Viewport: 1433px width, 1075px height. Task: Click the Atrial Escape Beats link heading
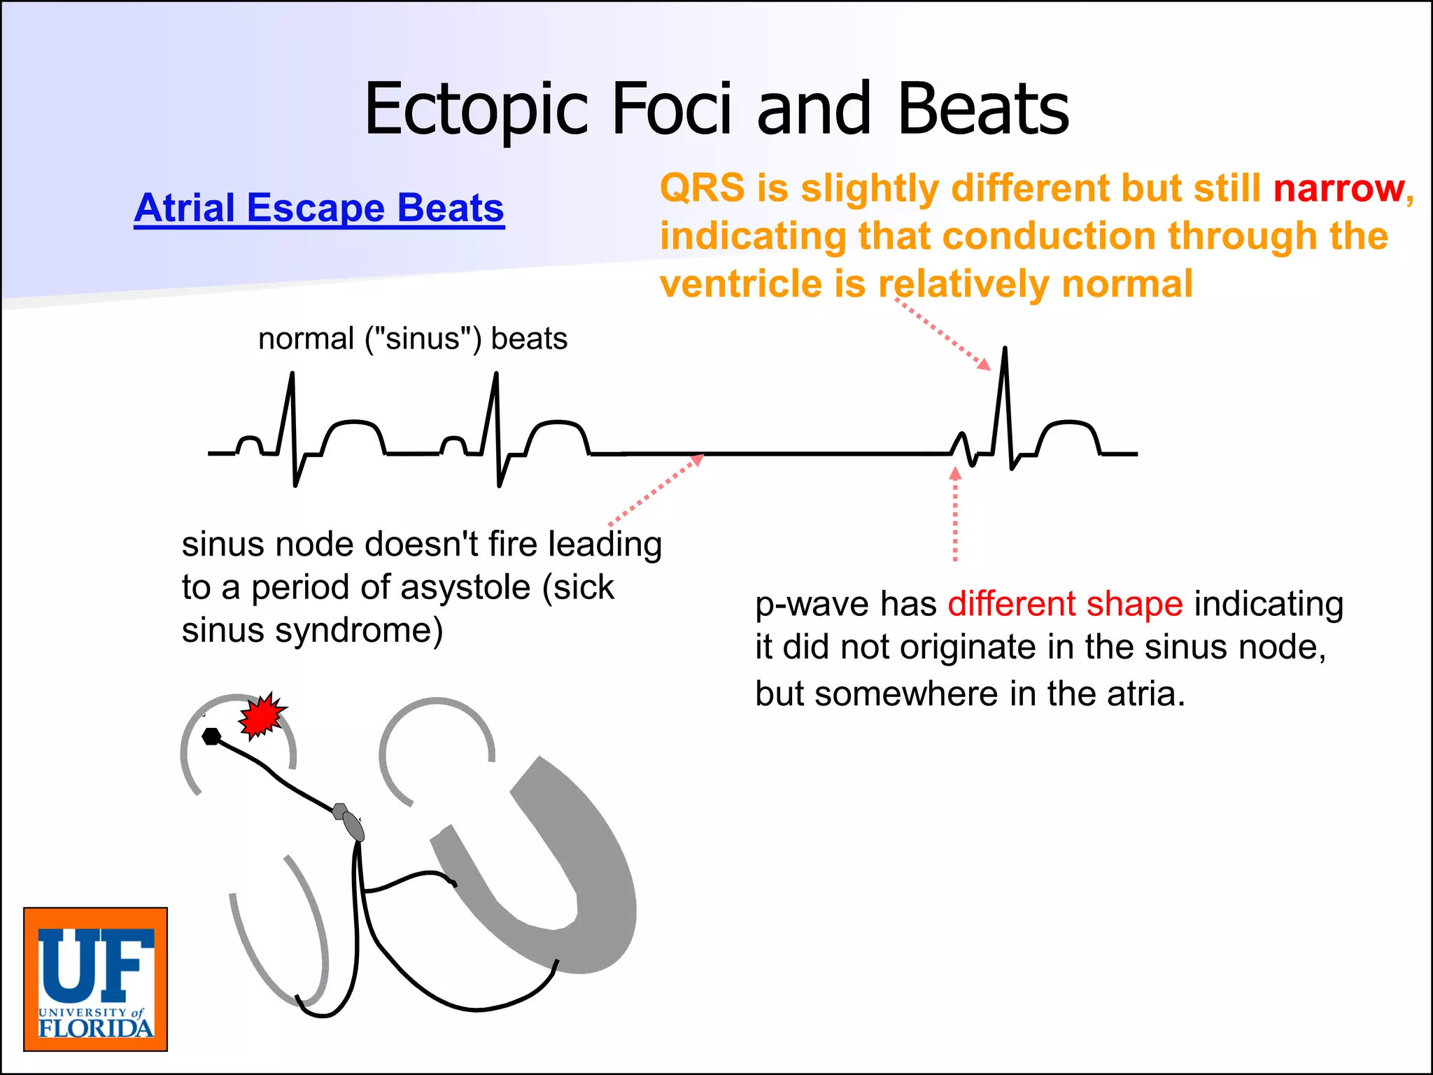click(x=319, y=208)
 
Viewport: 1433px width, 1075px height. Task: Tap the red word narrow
click(x=1339, y=188)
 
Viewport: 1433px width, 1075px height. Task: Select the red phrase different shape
click(x=1065, y=604)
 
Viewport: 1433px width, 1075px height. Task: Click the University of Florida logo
click(x=96, y=979)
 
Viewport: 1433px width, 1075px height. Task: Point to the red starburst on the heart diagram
click(x=261, y=715)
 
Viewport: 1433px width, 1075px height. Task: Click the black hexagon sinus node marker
click(x=211, y=736)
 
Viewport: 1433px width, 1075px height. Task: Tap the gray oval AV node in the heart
click(x=353, y=827)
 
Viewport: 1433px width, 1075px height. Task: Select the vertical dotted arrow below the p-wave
click(x=955, y=518)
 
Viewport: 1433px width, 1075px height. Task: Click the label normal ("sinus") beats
click(x=412, y=339)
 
